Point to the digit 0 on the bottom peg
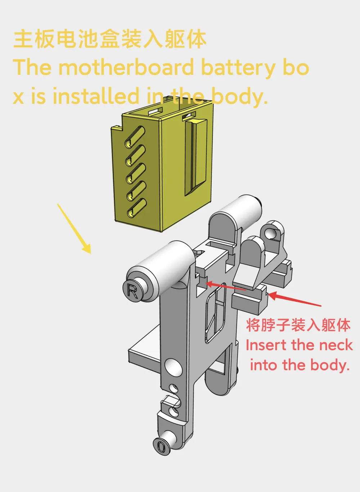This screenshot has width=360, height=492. [161, 446]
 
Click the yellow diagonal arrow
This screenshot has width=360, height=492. [74, 229]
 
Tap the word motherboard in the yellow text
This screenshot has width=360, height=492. [126, 67]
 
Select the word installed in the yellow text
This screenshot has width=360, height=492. [96, 96]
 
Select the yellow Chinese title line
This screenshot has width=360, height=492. [110, 40]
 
